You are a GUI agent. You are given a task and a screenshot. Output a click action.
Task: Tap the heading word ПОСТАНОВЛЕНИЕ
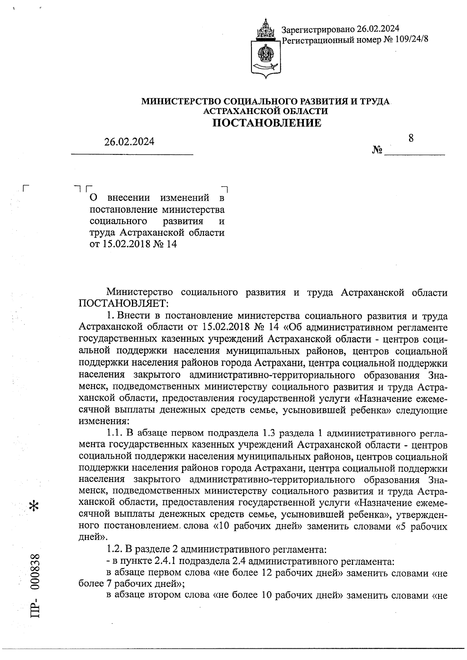pos(267,123)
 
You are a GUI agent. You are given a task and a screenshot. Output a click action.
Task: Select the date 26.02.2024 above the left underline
pos(129,142)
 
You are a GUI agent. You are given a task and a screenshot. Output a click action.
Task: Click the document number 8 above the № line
pos(411,138)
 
